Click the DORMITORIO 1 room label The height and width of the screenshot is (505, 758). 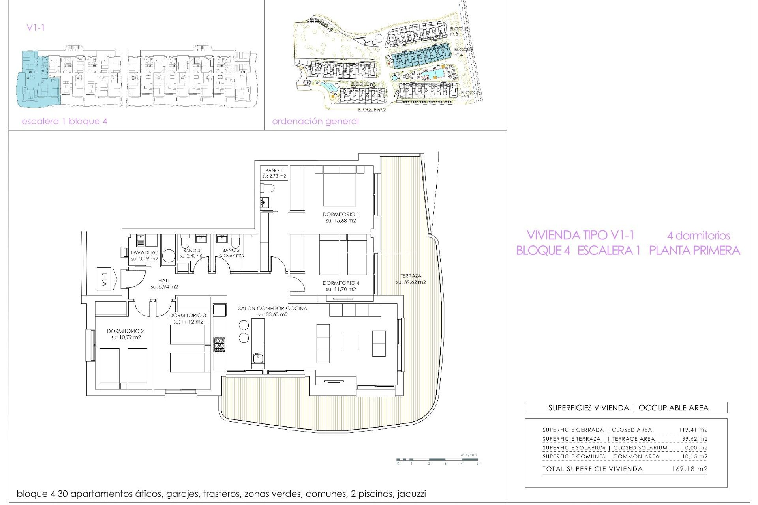[x=341, y=214]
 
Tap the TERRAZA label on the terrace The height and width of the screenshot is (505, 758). [x=411, y=276]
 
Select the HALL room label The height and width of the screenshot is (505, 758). [x=164, y=281]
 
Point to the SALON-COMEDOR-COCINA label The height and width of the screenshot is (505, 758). [x=272, y=308]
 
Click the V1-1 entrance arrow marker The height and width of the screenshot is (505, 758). [x=107, y=279]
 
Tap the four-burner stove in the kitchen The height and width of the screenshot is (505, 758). [x=219, y=345]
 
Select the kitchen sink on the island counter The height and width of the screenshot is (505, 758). [x=258, y=359]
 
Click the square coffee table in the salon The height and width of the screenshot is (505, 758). [x=351, y=342]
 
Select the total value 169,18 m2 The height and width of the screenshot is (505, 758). [x=689, y=469]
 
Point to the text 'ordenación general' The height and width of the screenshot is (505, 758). [x=315, y=121]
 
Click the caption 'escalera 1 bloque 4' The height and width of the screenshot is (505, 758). [x=64, y=121]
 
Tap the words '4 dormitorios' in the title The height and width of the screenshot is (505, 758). [x=698, y=236]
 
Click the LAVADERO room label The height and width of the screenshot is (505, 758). [x=144, y=252]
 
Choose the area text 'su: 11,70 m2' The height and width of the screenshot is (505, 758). [x=341, y=289]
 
